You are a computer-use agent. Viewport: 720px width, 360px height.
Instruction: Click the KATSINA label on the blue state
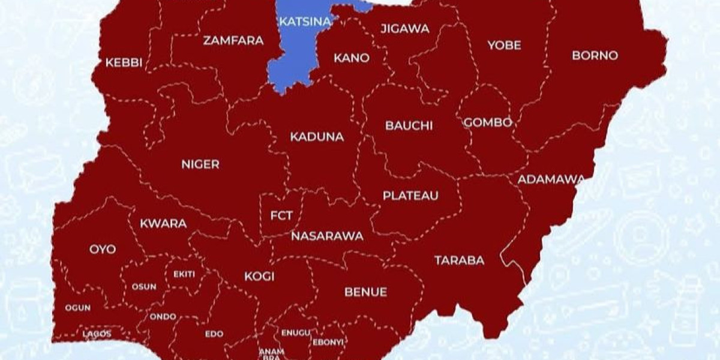305,22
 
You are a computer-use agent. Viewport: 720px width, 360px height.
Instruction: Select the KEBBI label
124,63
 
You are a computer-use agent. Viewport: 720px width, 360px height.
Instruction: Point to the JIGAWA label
405,29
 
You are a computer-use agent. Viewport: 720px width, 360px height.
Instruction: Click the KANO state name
352,58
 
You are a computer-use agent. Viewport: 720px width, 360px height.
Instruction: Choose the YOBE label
504,45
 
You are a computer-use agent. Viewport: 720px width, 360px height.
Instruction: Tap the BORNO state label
595,55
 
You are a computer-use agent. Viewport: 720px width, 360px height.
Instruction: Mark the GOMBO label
488,122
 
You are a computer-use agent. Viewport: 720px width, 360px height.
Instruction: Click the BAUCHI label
409,126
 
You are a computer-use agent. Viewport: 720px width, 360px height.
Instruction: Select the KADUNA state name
317,137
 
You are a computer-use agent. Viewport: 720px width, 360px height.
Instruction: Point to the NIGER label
200,164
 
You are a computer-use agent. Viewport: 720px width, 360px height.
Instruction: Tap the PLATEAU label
410,196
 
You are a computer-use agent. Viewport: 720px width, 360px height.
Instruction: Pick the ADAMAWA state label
551,179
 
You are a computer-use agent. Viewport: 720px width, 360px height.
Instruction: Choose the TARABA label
459,260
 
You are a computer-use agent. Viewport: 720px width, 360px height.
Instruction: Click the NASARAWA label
327,236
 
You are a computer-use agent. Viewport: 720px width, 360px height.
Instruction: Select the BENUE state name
365,292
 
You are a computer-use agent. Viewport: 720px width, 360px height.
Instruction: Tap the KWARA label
163,224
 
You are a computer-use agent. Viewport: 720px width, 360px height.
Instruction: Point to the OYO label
103,250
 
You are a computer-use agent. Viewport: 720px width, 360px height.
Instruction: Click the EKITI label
184,274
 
